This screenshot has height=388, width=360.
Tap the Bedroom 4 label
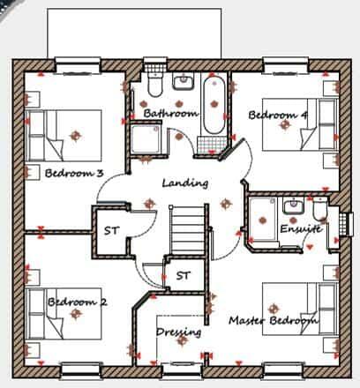point(277,116)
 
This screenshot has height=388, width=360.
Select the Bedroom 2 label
point(77,302)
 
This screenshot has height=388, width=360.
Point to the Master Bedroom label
point(273,320)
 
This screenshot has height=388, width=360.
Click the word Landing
point(185,183)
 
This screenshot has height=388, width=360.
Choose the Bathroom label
point(169,113)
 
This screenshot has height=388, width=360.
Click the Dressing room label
point(178,332)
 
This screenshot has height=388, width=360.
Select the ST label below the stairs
point(183,275)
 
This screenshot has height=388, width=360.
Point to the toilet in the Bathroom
point(154,86)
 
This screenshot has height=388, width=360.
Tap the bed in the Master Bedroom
point(304,309)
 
